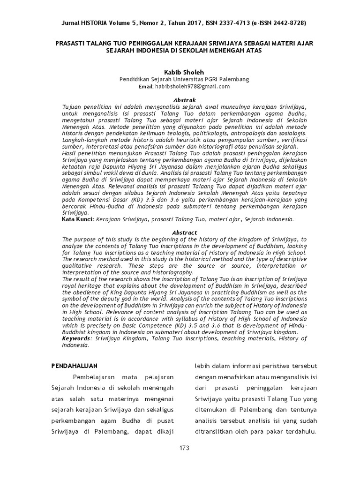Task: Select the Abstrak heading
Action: [181, 100]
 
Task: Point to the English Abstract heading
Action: [181, 232]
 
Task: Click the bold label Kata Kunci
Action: [78, 219]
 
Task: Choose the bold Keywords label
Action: [76, 338]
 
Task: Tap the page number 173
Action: [184, 448]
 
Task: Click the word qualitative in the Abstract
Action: [78, 265]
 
